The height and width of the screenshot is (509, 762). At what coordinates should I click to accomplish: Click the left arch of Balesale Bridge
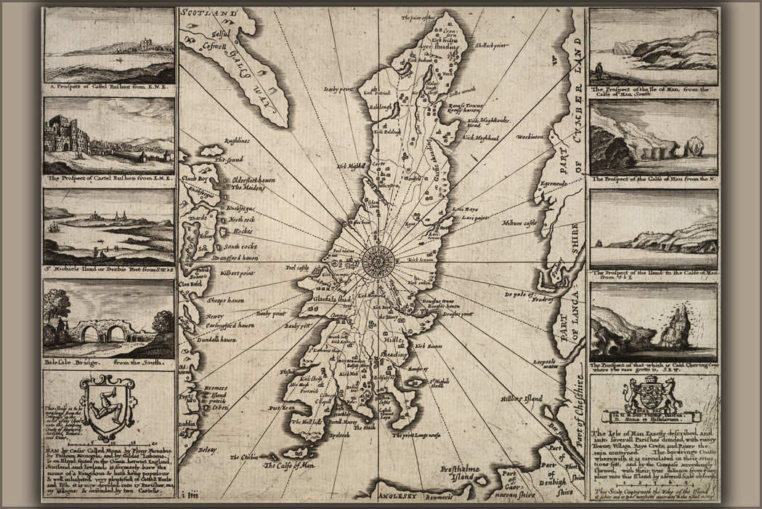pyautogui.click(x=92, y=334)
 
